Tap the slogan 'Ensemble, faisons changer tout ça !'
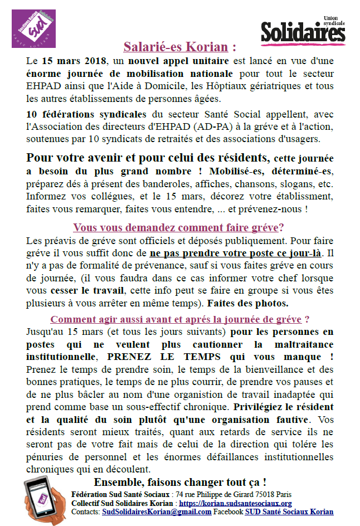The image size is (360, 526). point(179,482)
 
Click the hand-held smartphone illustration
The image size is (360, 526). point(45,500)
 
